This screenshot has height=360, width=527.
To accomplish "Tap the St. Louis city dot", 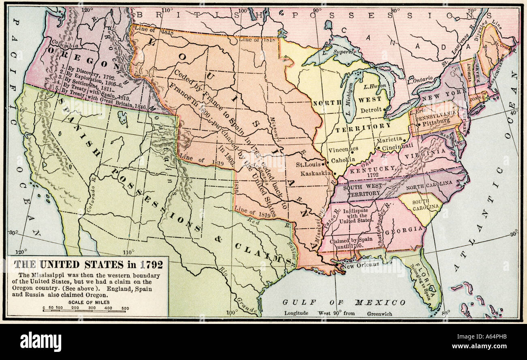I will coord(326,165).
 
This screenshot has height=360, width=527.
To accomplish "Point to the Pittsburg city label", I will coord(435,121).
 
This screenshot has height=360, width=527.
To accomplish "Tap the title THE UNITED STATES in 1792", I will coord(88,265).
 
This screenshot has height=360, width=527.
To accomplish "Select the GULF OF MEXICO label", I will coord(344,302).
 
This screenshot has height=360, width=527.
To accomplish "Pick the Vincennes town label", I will coord(343,149).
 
